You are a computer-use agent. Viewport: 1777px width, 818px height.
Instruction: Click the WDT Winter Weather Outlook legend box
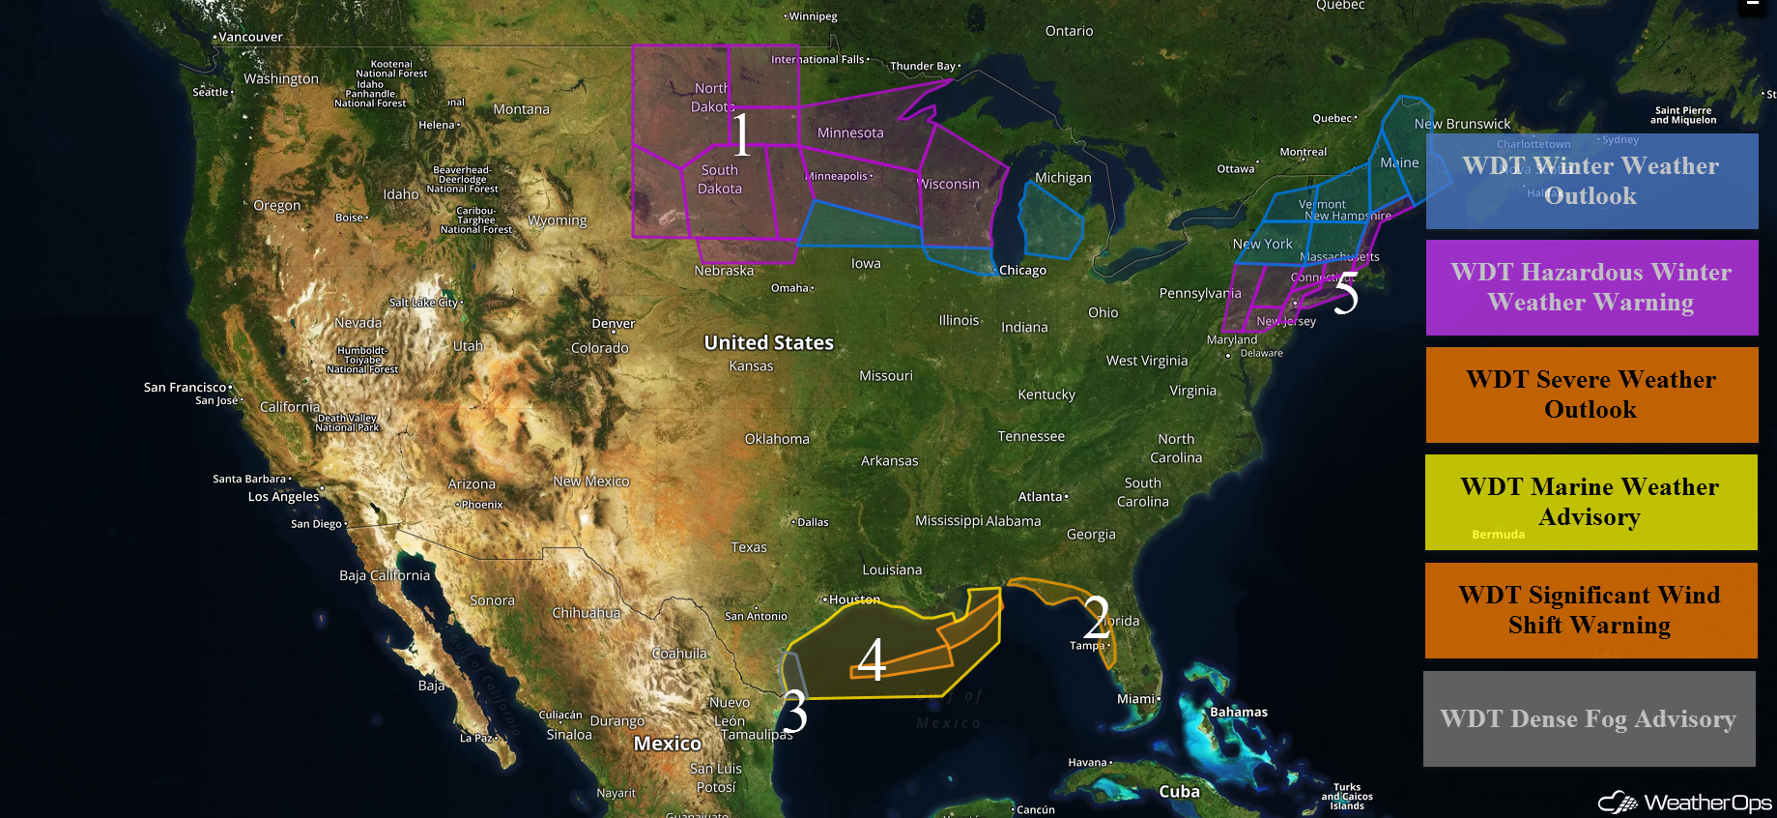click(x=1591, y=181)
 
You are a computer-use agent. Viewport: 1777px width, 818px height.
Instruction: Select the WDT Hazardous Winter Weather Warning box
click(x=1591, y=287)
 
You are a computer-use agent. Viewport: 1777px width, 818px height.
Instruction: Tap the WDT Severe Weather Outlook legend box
click(x=1591, y=394)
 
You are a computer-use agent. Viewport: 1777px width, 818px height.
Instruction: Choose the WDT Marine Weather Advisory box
click(x=1591, y=502)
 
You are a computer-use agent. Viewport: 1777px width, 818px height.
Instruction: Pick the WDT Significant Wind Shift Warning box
click(x=1591, y=610)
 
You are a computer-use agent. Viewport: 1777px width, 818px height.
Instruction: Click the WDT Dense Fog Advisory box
click(x=1589, y=718)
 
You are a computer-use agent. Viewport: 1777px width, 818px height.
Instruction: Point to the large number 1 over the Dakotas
click(x=740, y=134)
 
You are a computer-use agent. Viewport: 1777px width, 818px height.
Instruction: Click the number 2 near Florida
click(x=1096, y=615)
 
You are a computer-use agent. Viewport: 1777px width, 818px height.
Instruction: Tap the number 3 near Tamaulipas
click(x=793, y=712)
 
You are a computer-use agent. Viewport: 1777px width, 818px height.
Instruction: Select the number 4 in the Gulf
click(x=872, y=659)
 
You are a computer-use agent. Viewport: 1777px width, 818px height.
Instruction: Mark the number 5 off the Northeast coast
click(x=1346, y=292)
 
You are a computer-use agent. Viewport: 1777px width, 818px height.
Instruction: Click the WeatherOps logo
click(x=1686, y=803)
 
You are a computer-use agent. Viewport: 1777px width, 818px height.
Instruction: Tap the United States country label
click(x=768, y=342)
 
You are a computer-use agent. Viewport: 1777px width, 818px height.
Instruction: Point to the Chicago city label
click(x=1022, y=270)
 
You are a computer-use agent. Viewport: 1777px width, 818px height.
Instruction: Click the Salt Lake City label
click(x=424, y=303)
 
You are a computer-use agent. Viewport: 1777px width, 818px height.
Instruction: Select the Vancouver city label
click(x=250, y=37)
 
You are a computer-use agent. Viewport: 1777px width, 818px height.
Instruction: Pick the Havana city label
click(x=1087, y=762)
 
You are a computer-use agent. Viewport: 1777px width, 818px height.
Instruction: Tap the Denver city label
click(x=614, y=323)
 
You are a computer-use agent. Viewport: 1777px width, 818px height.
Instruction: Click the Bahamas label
click(x=1239, y=712)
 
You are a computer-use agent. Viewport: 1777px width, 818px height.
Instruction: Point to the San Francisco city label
click(x=185, y=387)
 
